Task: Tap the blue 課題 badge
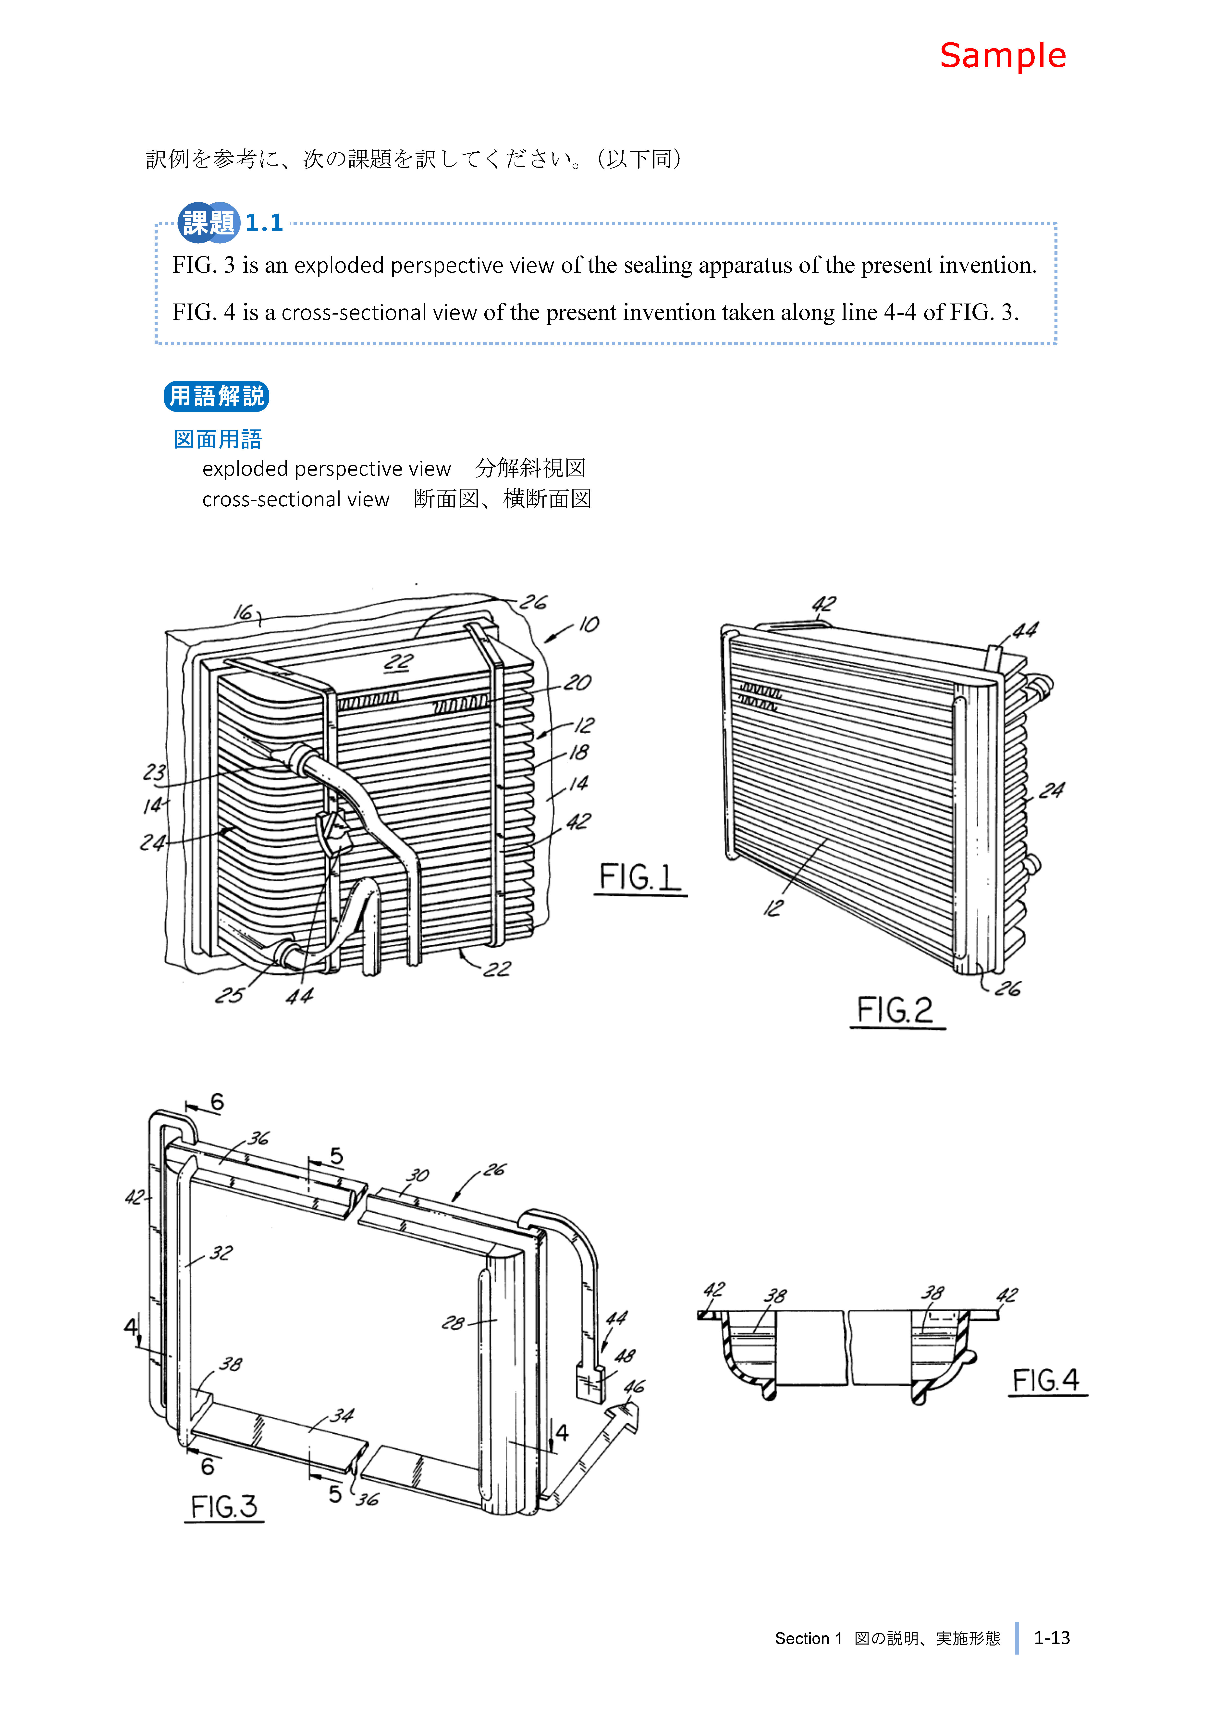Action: tap(208, 222)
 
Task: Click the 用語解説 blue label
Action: tap(216, 396)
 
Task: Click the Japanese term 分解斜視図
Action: tap(530, 469)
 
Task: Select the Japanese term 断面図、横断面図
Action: tap(502, 499)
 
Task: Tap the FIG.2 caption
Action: tap(896, 1010)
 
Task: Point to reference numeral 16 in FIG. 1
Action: tap(243, 612)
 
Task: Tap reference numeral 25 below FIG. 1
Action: tap(229, 995)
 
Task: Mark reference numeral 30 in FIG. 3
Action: tap(417, 1175)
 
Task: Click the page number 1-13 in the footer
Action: tap(1052, 1638)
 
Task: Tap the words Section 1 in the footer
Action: tap(808, 1639)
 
